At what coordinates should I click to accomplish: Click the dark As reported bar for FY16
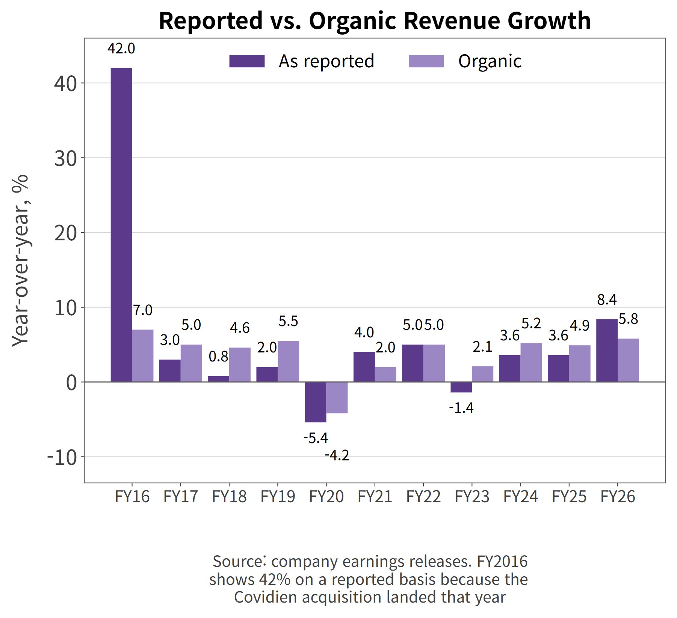(121, 225)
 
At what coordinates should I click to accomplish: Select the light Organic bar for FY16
(143, 356)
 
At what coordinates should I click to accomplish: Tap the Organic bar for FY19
(289, 361)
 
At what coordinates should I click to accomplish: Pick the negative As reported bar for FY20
(316, 402)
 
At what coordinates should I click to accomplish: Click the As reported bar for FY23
(461, 387)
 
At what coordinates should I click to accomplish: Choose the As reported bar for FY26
(607, 351)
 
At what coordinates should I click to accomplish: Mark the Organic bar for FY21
(385, 375)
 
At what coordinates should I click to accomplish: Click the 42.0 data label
(121, 49)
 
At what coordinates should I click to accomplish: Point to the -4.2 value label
(337, 456)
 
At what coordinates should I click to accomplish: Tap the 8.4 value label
(607, 300)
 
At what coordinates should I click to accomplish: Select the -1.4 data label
(461, 408)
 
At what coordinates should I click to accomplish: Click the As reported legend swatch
(247, 61)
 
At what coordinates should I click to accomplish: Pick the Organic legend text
(490, 61)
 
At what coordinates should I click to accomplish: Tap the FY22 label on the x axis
(423, 497)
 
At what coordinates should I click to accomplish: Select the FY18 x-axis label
(229, 497)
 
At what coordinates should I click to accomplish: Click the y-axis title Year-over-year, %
(20, 260)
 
